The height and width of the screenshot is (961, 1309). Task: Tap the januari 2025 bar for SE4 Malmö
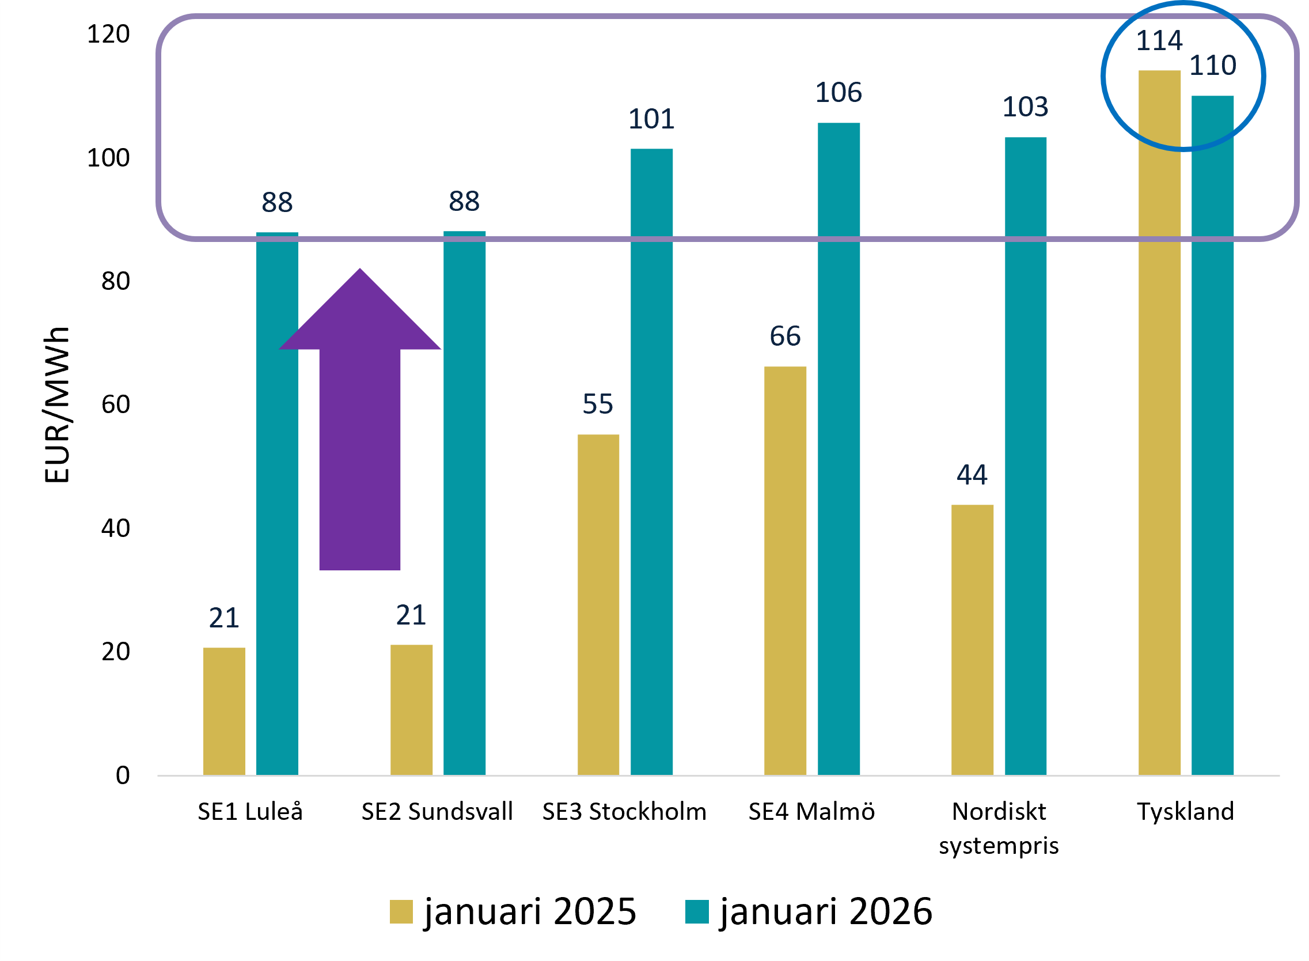(785, 570)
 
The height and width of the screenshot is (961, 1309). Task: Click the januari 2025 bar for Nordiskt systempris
(972, 640)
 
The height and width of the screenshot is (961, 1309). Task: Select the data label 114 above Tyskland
(1159, 41)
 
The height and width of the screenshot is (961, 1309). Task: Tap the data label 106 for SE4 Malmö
(838, 93)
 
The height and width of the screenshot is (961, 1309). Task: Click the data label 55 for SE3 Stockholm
(598, 404)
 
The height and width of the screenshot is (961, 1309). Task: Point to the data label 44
(972, 475)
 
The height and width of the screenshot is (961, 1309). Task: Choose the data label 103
(1025, 107)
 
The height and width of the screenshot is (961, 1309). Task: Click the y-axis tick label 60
(115, 404)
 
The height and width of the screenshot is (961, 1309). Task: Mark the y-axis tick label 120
(108, 35)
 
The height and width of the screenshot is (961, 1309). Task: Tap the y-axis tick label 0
(123, 775)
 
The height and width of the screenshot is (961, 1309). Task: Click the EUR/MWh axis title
(57, 405)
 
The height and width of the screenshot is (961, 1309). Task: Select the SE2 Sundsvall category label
(437, 812)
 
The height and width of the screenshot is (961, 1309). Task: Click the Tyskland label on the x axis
(1185, 812)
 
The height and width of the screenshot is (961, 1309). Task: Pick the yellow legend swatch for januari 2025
(401, 911)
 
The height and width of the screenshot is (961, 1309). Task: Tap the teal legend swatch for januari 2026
(697, 911)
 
